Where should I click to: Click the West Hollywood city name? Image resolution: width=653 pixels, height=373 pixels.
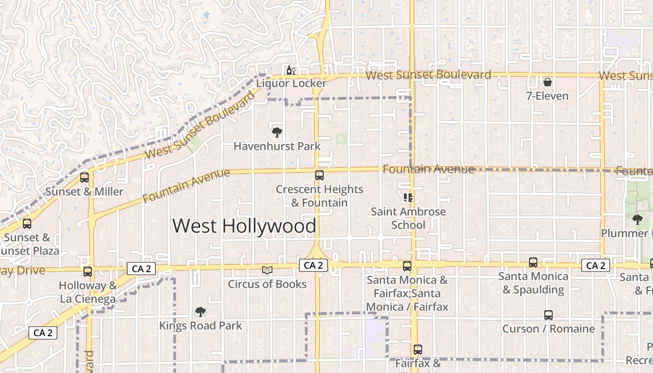click(x=244, y=226)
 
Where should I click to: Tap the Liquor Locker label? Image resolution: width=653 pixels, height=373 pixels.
click(x=292, y=83)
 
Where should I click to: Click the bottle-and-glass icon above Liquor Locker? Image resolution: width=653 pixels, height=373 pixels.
click(x=291, y=71)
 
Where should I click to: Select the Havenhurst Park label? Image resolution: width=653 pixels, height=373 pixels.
click(x=277, y=146)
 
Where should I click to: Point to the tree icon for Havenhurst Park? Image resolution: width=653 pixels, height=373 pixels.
click(x=277, y=132)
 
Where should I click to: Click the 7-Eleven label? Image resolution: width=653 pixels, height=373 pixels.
click(x=547, y=97)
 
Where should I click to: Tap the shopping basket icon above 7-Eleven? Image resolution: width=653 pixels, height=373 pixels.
click(x=548, y=83)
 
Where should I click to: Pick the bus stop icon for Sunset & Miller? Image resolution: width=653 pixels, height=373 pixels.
click(x=84, y=178)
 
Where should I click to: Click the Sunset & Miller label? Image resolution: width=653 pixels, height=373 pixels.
click(x=84, y=192)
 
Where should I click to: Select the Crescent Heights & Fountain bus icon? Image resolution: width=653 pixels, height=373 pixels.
click(x=320, y=175)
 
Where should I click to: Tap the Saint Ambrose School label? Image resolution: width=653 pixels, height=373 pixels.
click(x=408, y=218)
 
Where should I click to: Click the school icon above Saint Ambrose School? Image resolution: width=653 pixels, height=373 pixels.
click(x=408, y=198)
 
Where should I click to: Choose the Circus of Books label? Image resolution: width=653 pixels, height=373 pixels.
click(x=267, y=284)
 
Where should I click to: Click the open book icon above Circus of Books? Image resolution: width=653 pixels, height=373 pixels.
click(x=267, y=270)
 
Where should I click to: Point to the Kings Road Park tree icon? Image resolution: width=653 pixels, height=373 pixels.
click(x=201, y=311)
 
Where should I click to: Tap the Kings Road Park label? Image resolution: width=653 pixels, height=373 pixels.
click(x=201, y=325)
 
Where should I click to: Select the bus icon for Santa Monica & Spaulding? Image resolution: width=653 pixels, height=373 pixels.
click(x=533, y=262)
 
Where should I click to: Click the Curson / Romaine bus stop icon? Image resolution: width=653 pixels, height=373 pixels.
click(x=549, y=315)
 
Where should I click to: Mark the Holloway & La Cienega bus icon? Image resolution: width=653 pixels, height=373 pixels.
click(x=88, y=272)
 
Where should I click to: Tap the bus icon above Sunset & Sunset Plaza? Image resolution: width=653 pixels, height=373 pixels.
click(x=27, y=224)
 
